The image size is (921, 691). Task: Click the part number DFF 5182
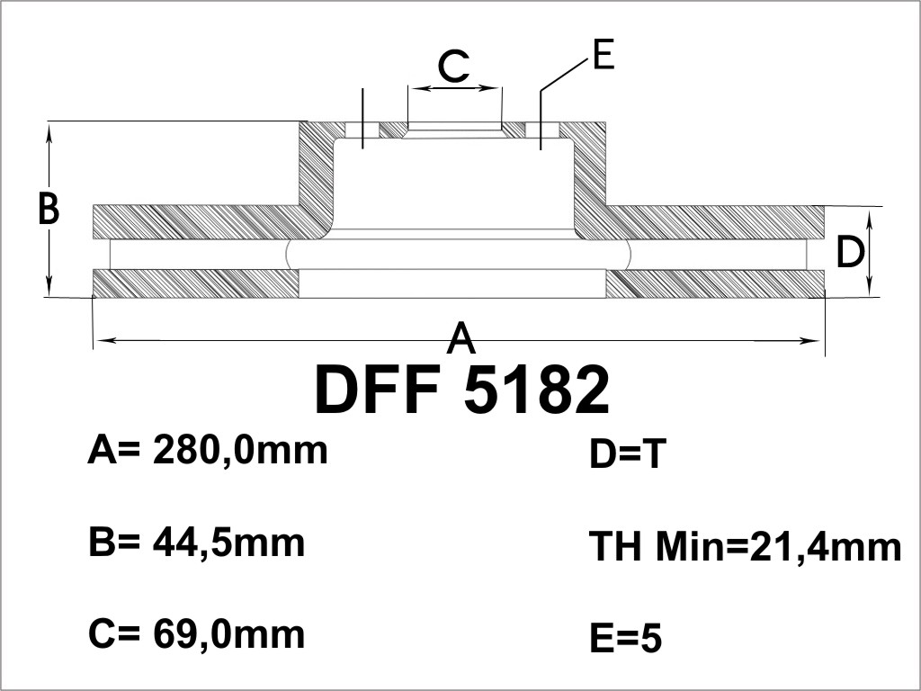[462, 390]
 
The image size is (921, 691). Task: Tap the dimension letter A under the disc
[461, 337]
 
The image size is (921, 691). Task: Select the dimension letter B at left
[49, 209]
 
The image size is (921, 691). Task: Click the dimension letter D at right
[851, 252]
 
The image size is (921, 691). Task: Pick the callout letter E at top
[604, 55]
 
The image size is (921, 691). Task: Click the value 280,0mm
[239, 451]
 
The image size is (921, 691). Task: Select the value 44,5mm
[229, 543]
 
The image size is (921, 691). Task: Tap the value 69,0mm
[229, 634]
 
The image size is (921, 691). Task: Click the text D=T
[627, 454]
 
